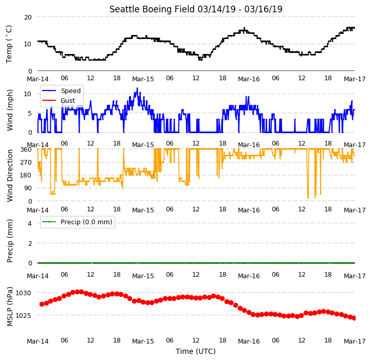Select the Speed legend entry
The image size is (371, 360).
point(61,91)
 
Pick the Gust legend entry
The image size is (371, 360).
point(59,100)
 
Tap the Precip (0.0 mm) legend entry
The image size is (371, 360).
point(77,222)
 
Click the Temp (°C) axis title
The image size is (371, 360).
point(9,44)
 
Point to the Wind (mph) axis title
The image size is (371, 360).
point(9,110)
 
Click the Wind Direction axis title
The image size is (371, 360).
point(9,175)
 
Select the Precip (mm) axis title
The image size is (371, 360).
point(9,241)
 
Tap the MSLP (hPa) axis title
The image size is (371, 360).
point(9,307)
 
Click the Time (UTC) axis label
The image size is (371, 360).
point(196,351)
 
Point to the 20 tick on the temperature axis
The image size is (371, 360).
point(28,17)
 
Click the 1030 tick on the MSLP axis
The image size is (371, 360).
point(23,293)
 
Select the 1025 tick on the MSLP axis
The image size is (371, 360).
point(23,315)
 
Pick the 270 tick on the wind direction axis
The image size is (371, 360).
point(26,163)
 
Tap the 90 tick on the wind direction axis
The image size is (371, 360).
point(28,188)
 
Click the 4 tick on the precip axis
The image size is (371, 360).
point(30,223)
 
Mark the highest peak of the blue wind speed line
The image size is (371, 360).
point(137,88)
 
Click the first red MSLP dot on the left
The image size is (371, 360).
point(42,304)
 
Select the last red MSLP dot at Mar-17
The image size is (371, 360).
point(354,318)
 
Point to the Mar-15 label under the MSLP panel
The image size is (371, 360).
point(143,341)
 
